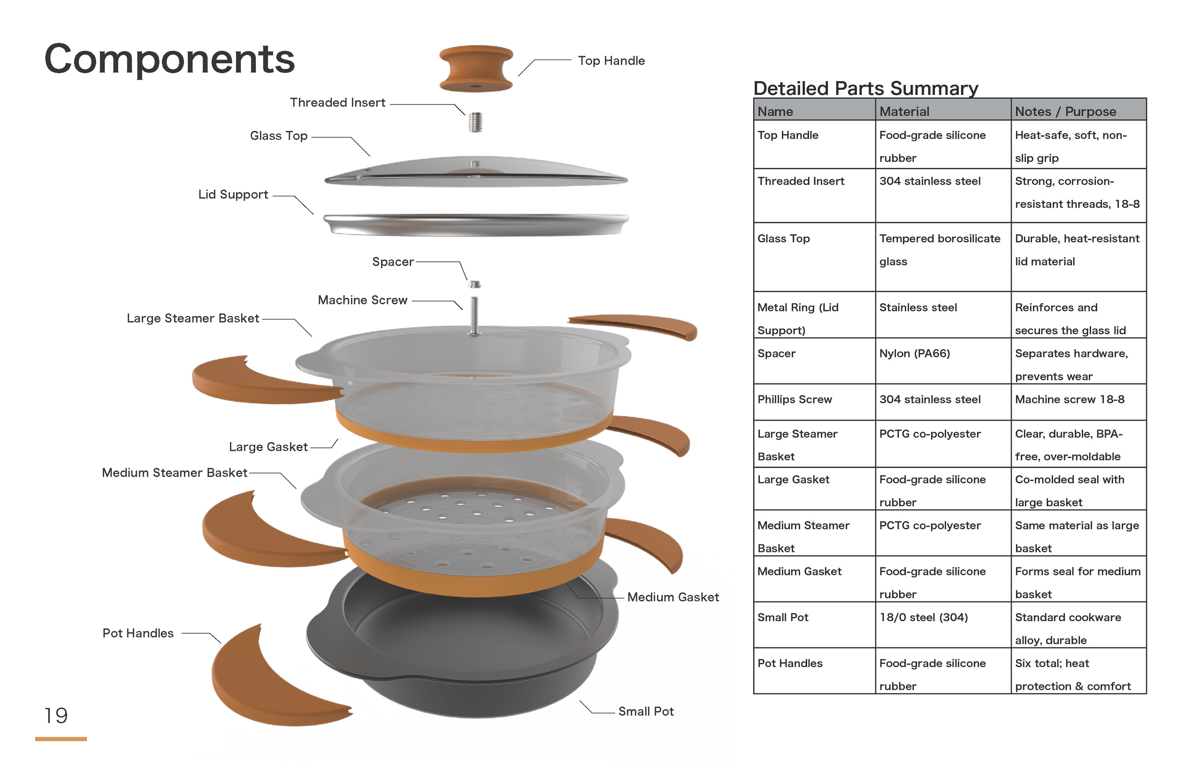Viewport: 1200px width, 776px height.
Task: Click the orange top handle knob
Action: pyautogui.click(x=476, y=69)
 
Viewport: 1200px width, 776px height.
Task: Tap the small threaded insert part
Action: pyautogui.click(x=475, y=122)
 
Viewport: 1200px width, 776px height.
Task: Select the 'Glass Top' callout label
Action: pyautogui.click(x=278, y=136)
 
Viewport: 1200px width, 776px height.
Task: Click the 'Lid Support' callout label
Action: pyautogui.click(x=233, y=195)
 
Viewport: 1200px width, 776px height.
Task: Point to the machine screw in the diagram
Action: pyautogui.click(x=474, y=316)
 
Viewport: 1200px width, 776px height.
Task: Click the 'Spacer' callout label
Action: pyautogui.click(x=393, y=262)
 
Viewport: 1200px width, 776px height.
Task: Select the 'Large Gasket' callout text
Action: pyautogui.click(x=268, y=447)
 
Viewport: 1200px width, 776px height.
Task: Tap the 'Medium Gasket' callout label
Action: pyautogui.click(x=672, y=597)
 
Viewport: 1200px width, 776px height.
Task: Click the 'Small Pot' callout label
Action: pyautogui.click(x=646, y=712)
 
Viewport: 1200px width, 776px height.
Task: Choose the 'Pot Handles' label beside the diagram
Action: pyautogui.click(x=138, y=634)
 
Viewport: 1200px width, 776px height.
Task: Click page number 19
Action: pyautogui.click(x=56, y=716)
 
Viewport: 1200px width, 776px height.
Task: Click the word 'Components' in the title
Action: pyautogui.click(x=169, y=59)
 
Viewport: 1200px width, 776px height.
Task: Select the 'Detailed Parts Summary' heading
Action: pyautogui.click(x=865, y=88)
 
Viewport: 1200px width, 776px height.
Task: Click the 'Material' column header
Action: pyautogui.click(x=904, y=111)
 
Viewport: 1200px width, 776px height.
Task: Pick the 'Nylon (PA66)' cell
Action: pyautogui.click(x=914, y=354)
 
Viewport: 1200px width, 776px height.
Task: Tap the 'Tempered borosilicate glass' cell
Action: pyautogui.click(x=939, y=250)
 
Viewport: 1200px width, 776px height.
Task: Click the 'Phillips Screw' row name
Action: pyautogui.click(x=794, y=400)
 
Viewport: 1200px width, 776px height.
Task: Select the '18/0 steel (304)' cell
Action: pyautogui.click(x=923, y=618)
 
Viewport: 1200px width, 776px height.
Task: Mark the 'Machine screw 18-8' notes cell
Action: pyautogui.click(x=1069, y=400)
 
